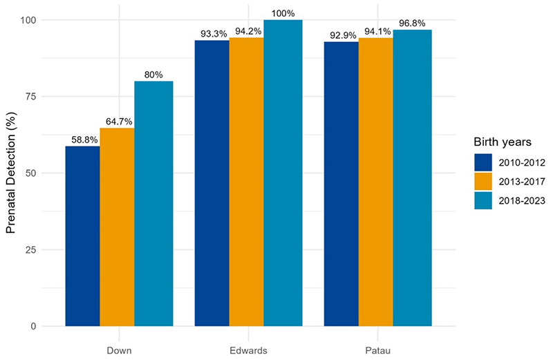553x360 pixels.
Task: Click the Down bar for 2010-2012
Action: [x=82, y=236]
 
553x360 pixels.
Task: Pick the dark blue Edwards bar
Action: [x=212, y=183]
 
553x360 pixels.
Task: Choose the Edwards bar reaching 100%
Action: [x=283, y=173]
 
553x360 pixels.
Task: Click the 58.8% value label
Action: [x=82, y=140]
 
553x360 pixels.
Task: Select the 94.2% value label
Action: [x=247, y=32]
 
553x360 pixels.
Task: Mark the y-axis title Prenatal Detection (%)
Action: [x=12, y=173]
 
